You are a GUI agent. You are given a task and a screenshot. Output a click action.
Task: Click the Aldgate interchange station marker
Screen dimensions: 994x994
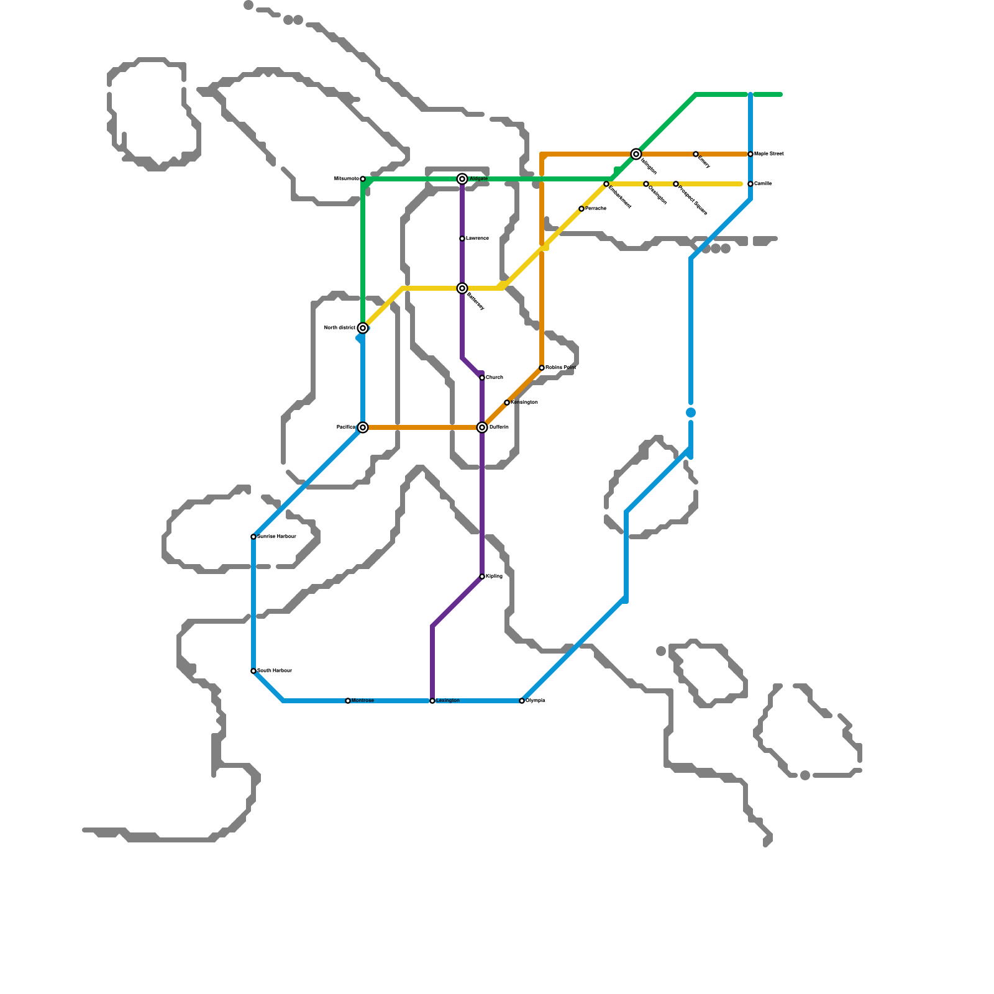[462, 179]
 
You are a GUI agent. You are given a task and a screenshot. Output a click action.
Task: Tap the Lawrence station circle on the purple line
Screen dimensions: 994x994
[462, 239]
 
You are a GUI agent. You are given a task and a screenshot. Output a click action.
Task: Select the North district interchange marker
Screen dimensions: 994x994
[363, 328]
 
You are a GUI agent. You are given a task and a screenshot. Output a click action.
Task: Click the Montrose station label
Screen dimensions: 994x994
[363, 701]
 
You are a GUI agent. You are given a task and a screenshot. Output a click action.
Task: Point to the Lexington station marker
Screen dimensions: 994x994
[432, 701]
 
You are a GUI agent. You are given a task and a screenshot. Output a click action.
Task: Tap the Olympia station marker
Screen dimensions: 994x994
[522, 701]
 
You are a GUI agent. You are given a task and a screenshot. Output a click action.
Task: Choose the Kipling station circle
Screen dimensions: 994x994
[482, 577]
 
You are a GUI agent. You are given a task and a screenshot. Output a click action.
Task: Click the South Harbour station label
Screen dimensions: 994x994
[275, 671]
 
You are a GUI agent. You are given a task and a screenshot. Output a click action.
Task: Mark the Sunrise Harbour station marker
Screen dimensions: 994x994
[253, 537]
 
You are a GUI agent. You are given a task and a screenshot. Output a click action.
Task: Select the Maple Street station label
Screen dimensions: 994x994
[769, 154]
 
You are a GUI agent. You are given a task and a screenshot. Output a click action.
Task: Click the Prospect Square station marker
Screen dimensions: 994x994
[676, 184]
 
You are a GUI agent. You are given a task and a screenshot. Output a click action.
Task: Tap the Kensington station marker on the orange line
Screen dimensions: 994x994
[507, 403]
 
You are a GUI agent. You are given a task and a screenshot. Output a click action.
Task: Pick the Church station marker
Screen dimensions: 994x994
[482, 378]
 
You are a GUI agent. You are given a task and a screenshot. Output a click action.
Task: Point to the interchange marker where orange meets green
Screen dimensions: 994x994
[636, 154]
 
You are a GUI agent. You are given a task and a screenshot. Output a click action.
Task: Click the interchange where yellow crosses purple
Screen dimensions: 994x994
[462, 288]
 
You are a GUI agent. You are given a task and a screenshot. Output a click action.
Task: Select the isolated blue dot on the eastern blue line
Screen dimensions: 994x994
[691, 413]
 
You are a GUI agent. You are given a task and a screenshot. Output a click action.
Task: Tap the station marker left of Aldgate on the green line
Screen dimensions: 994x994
[363, 179]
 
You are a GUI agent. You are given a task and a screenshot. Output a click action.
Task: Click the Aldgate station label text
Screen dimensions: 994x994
[479, 179]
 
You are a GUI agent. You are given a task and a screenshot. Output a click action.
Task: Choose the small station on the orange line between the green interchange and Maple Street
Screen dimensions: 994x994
[696, 154]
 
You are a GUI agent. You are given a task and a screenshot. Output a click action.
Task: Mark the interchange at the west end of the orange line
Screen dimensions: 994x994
[363, 427]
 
